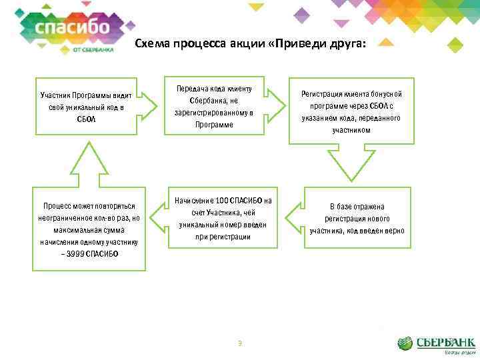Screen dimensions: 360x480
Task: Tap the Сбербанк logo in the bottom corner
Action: click(x=437, y=344)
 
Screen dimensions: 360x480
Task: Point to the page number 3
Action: click(x=239, y=343)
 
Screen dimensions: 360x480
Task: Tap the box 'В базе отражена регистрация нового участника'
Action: click(x=356, y=219)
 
